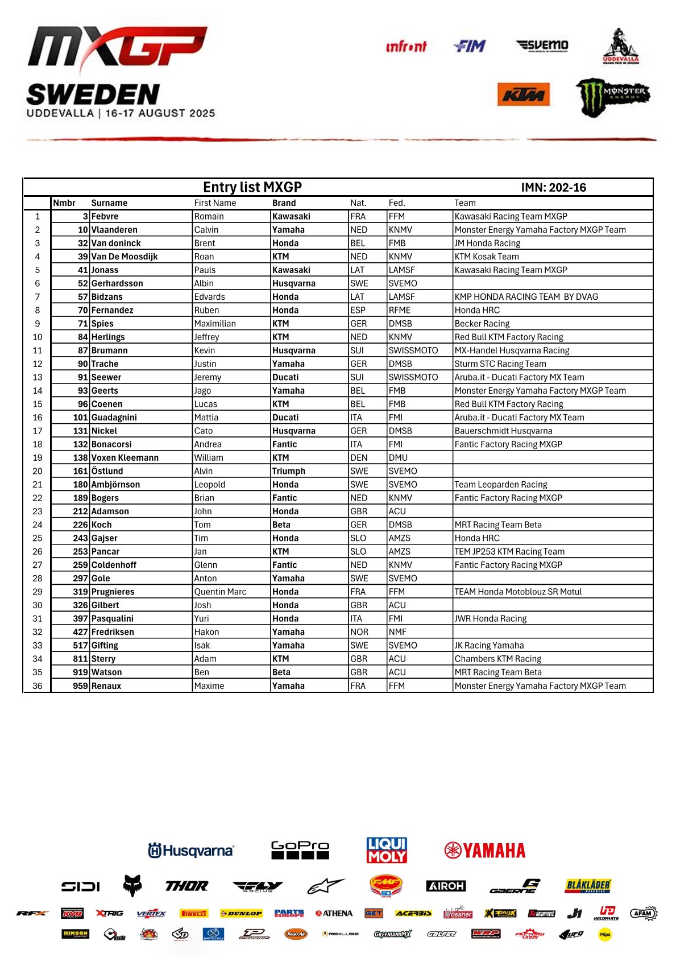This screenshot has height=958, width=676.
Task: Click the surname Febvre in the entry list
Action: (105, 216)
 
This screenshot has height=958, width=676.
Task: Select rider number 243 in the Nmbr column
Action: (80, 538)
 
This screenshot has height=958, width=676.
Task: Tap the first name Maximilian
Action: (215, 324)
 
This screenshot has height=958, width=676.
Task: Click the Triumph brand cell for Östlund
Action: (289, 471)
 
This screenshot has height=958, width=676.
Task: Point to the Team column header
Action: (465, 203)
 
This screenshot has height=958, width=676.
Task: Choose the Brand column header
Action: (284, 203)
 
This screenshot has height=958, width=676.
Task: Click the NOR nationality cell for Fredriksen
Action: (359, 632)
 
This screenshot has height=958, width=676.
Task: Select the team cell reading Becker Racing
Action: (482, 324)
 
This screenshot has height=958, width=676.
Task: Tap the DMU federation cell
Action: (398, 458)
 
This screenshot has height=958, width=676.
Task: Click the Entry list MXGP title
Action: (252, 187)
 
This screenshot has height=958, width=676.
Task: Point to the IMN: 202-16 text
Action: (553, 188)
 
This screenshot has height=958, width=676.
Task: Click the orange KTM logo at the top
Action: (524, 95)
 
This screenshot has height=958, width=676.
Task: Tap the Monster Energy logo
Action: (613, 97)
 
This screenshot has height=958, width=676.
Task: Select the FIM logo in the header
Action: (470, 46)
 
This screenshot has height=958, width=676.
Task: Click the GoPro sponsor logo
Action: (300, 850)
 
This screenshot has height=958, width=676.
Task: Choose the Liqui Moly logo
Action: (387, 850)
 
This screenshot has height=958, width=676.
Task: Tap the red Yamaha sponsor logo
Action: (485, 850)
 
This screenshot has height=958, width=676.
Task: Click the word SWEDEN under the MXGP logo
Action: (93, 94)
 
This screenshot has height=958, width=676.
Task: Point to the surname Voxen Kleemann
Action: (125, 458)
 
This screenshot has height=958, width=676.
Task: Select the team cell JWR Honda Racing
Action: (491, 618)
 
